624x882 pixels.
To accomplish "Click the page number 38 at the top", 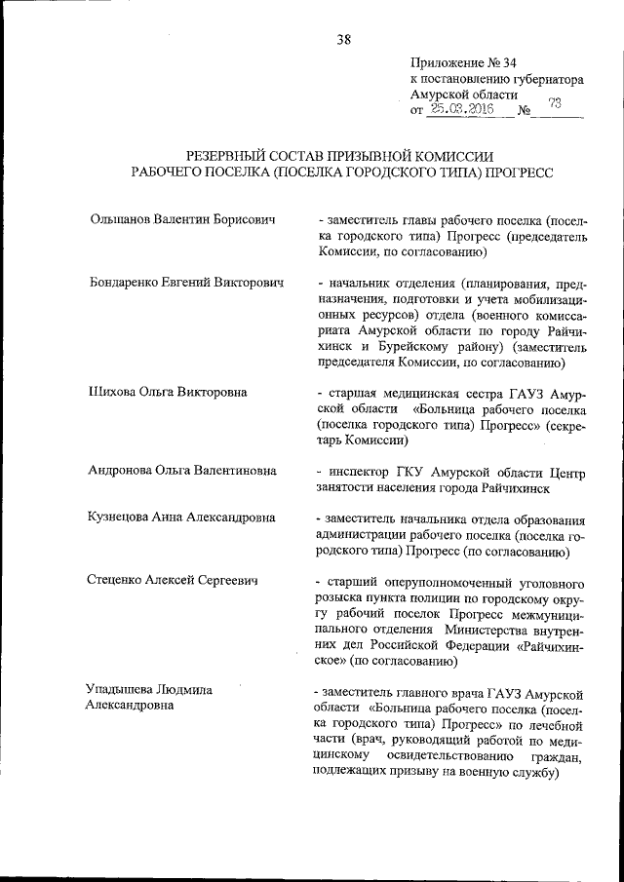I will [x=344, y=40].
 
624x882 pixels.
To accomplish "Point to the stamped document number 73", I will [x=555, y=105].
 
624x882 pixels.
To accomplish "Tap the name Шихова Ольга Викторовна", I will [x=167, y=392].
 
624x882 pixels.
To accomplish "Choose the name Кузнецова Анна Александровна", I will [x=181, y=518].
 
